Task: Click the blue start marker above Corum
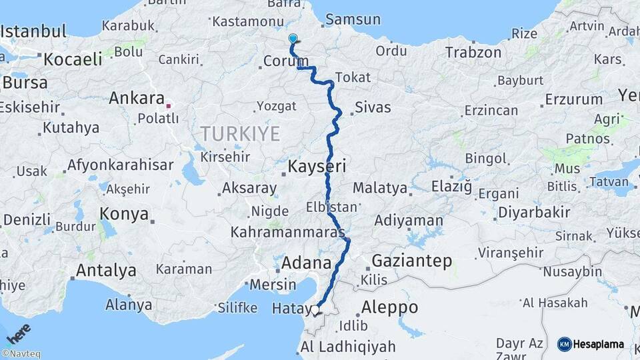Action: pyautogui.click(x=293, y=39)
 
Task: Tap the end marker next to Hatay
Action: pyautogui.click(x=317, y=309)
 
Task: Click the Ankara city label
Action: pyautogui.click(x=137, y=99)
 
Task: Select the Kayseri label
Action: pyautogui.click(x=317, y=166)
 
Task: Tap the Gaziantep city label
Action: pyautogui.click(x=411, y=260)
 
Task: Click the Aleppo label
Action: pyautogui.click(x=389, y=307)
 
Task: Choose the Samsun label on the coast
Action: pyautogui.click(x=353, y=19)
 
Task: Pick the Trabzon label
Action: pyautogui.click(x=473, y=52)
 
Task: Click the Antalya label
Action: pyautogui.click(x=106, y=271)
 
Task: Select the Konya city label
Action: pyautogui.click(x=124, y=213)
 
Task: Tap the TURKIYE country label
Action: pyautogui.click(x=241, y=133)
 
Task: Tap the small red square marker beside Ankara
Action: pyautogui.click(x=169, y=105)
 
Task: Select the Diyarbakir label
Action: pyautogui.click(x=532, y=213)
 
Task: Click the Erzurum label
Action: pyautogui.click(x=573, y=99)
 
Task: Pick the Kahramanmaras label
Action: pyautogui.click(x=287, y=233)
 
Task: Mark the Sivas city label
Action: pyautogui.click(x=373, y=107)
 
